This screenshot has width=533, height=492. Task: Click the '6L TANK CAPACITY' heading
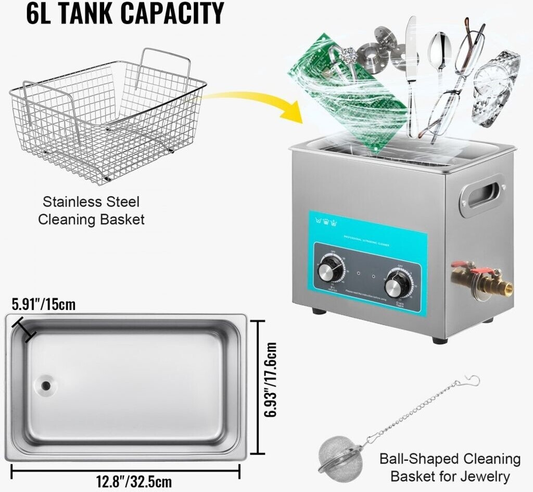(125, 14)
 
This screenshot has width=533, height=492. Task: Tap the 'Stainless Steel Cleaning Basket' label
(91, 210)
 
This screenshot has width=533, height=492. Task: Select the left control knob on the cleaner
(330, 269)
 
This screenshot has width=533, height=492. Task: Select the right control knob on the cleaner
(397, 284)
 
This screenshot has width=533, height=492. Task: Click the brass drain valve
(481, 280)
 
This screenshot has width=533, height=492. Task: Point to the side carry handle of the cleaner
(481, 195)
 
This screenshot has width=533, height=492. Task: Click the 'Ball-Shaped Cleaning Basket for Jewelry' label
(450, 467)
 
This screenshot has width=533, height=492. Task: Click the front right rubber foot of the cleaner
(440, 340)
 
